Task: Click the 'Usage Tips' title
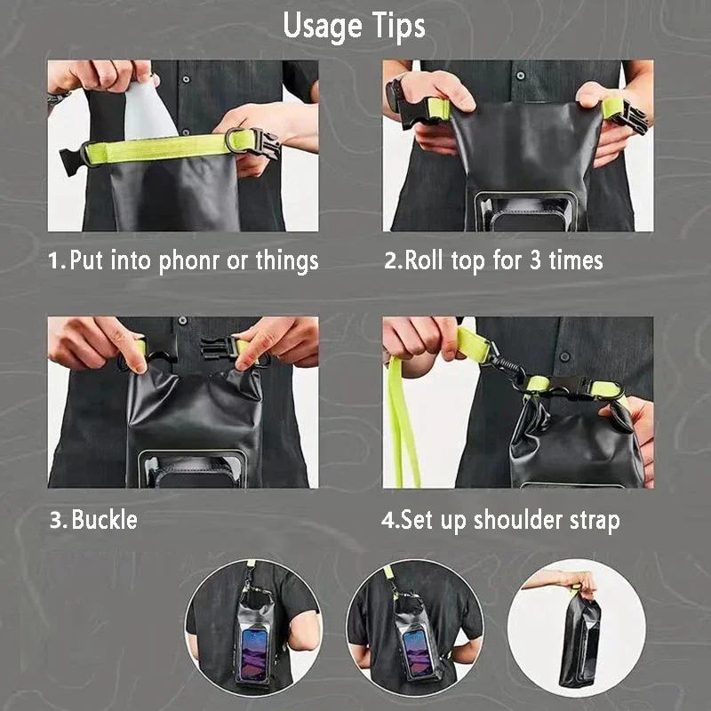point(354,27)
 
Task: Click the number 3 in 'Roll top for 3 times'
point(536,260)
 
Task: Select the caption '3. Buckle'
point(93,520)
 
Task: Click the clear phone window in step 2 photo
point(526,212)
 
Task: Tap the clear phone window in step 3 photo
point(192,469)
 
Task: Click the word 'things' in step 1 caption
point(287,261)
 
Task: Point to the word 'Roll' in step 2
point(424,260)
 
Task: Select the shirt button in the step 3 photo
point(183,321)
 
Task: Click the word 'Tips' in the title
point(398,27)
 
